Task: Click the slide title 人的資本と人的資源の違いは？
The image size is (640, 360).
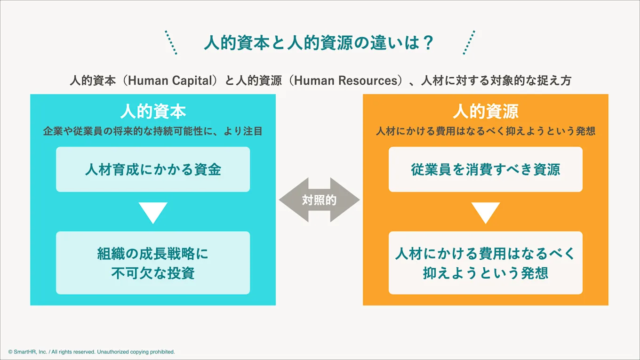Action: click(x=318, y=43)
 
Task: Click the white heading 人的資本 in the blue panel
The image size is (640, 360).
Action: click(x=153, y=112)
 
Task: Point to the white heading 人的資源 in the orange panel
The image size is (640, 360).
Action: click(x=486, y=112)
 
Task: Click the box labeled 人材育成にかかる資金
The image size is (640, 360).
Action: click(x=153, y=169)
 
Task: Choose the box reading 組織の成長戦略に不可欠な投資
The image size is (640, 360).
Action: click(x=153, y=263)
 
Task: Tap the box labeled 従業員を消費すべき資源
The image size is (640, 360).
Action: click(x=486, y=169)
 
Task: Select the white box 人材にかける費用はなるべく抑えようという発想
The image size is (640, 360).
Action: click(x=486, y=263)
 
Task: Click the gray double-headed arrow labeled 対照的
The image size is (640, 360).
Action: click(x=319, y=200)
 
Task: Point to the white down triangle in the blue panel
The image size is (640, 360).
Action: click(x=153, y=212)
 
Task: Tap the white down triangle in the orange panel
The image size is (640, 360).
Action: click(x=486, y=212)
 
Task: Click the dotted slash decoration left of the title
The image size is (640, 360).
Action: click(x=171, y=42)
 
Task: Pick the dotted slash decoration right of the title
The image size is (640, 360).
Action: click(x=469, y=42)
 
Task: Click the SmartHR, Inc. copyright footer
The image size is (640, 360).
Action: click(x=92, y=352)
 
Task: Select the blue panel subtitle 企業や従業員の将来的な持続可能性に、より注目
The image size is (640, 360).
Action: click(x=153, y=131)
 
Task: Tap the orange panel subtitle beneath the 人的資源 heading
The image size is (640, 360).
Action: click(x=486, y=131)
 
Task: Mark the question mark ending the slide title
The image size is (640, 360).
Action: click(x=427, y=43)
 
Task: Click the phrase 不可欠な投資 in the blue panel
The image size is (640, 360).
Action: click(x=153, y=272)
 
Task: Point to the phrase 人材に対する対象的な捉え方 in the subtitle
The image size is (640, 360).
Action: click(x=496, y=81)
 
